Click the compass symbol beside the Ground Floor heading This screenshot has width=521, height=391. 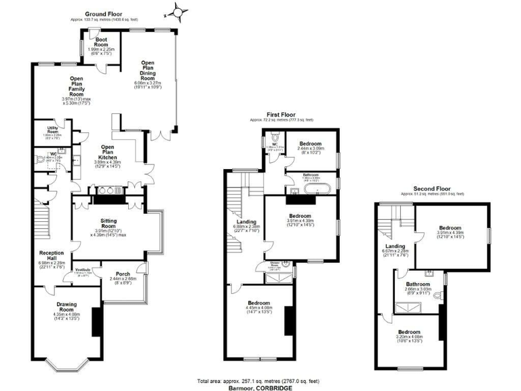point(178,12)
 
